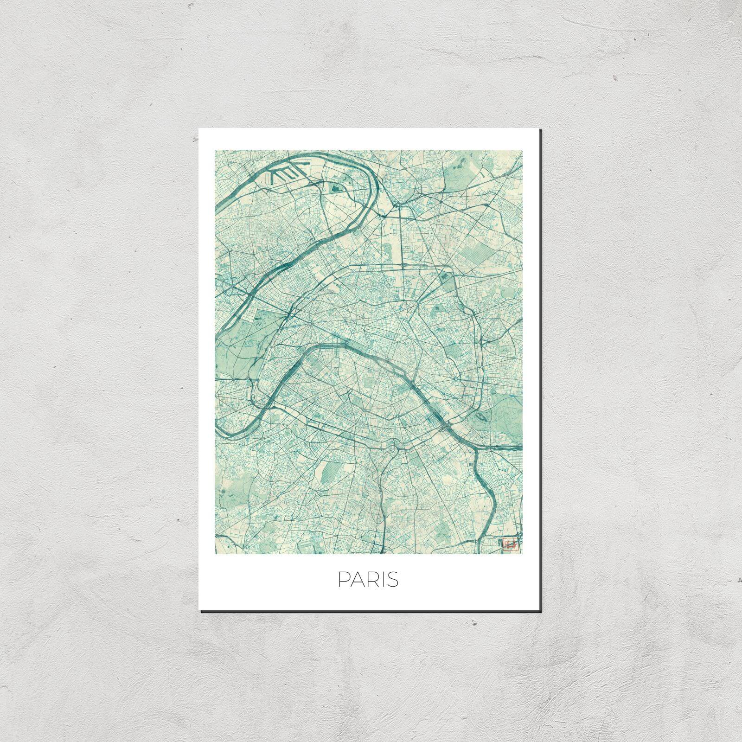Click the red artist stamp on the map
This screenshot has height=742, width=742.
pyautogui.click(x=509, y=544)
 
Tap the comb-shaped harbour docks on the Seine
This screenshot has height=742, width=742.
pyautogui.click(x=282, y=175)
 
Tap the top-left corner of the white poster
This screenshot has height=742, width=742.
pyautogui.click(x=199, y=129)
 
